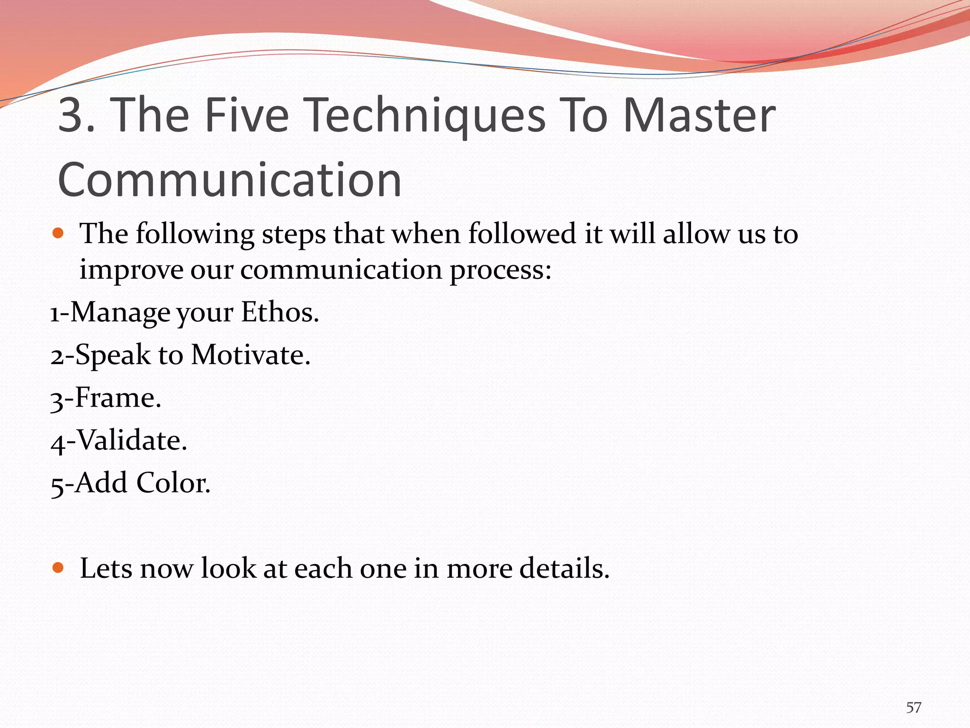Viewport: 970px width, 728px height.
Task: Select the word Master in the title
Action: tap(700, 115)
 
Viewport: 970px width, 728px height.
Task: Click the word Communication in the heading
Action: tap(230, 180)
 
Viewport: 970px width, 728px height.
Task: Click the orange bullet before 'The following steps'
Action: tap(58, 233)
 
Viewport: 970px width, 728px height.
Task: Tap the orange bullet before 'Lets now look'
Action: tap(58, 567)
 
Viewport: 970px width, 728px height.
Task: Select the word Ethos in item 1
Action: tap(279, 312)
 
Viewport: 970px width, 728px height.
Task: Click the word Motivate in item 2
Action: tap(250, 355)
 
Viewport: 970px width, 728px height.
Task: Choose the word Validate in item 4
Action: tap(132, 440)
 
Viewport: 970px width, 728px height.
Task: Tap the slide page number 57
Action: tap(914, 708)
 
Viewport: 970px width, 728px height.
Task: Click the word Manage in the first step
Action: tap(120, 312)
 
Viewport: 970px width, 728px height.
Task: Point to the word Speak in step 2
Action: tap(113, 355)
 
